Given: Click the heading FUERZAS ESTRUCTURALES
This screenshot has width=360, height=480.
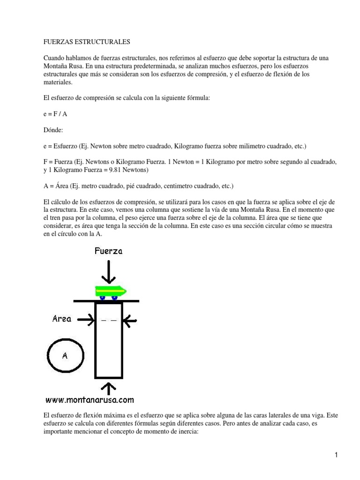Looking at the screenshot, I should (x=87, y=42).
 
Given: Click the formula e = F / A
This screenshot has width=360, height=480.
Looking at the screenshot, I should (x=55, y=114).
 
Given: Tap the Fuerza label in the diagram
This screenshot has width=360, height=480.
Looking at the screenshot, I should (x=108, y=251).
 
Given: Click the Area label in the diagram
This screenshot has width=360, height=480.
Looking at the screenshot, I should (x=62, y=319).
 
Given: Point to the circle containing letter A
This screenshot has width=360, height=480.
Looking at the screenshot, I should (x=65, y=355).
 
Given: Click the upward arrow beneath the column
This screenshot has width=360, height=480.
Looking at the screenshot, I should (x=109, y=389).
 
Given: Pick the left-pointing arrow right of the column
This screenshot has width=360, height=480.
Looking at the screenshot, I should (x=130, y=320).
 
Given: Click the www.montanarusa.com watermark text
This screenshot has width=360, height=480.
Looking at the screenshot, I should (x=90, y=400).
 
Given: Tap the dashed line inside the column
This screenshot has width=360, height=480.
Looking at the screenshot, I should (x=109, y=320).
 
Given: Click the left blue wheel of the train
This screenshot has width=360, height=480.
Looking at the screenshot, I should (x=103, y=297).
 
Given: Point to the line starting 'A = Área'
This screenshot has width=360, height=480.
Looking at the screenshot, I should (x=138, y=186).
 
